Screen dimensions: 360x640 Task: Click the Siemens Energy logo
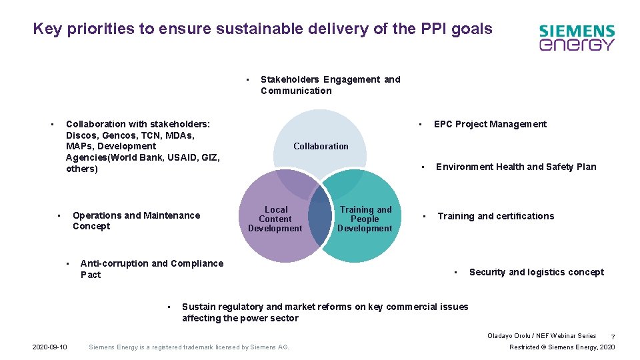tap(577, 38)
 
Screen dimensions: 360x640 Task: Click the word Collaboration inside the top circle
tap(321, 146)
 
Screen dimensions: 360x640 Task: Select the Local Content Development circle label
tap(275, 219)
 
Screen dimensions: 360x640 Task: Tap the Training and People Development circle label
tap(365, 219)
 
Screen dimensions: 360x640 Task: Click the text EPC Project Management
tap(490, 124)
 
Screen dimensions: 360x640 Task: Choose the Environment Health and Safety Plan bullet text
tap(516, 167)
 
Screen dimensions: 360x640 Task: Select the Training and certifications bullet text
tap(495, 216)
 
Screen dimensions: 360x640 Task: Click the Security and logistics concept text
tap(536, 272)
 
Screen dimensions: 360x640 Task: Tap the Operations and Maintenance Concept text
tap(136, 221)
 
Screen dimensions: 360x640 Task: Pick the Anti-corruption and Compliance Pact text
tap(151, 269)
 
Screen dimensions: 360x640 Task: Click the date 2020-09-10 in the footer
tap(50, 347)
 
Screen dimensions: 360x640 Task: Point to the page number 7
tap(613, 337)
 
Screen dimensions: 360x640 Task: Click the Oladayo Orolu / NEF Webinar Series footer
tap(541, 336)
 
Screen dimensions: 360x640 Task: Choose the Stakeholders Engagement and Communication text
tap(330, 85)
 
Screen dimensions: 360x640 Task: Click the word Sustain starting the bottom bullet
tap(198, 307)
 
